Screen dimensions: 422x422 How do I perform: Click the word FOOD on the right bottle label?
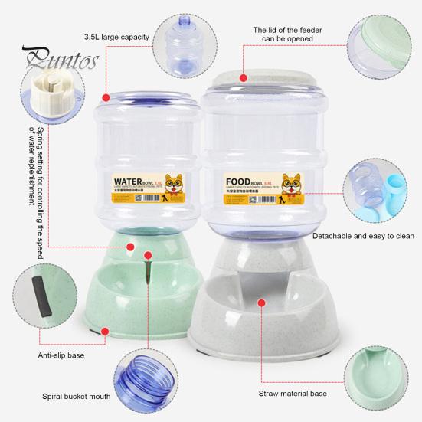point(242,184)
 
